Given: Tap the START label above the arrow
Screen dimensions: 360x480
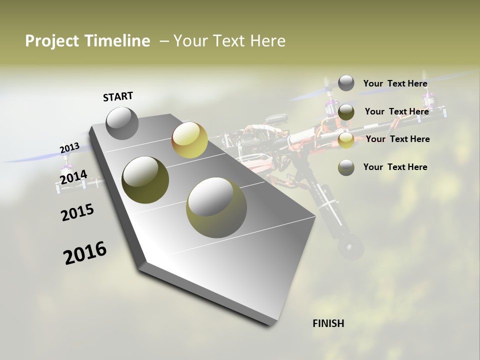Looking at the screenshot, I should click(118, 96).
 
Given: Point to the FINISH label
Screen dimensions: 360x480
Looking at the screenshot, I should click(328, 323).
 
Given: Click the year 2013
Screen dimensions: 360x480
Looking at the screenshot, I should click(69, 148).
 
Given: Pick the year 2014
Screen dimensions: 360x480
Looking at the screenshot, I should click(73, 177).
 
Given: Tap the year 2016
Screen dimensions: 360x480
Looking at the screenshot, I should click(85, 253).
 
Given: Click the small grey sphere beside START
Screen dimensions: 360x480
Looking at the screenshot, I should click(122, 123).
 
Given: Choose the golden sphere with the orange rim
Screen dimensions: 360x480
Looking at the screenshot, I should click(189, 140).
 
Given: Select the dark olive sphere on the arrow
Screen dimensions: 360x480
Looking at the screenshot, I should click(145, 180).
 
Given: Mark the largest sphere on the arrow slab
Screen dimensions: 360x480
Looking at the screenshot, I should click(216, 207).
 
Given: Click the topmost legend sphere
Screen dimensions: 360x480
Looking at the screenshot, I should click(346, 83).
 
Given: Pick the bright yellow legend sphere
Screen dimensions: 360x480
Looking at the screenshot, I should click(346, 140).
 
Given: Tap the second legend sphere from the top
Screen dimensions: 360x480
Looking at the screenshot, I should click(346, 112).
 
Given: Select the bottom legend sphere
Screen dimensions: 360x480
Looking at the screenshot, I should click(346, 167).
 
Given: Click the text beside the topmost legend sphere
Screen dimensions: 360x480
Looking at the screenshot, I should click(395, 83).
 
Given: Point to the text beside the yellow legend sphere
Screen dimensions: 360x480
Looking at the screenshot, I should click(397, 139).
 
